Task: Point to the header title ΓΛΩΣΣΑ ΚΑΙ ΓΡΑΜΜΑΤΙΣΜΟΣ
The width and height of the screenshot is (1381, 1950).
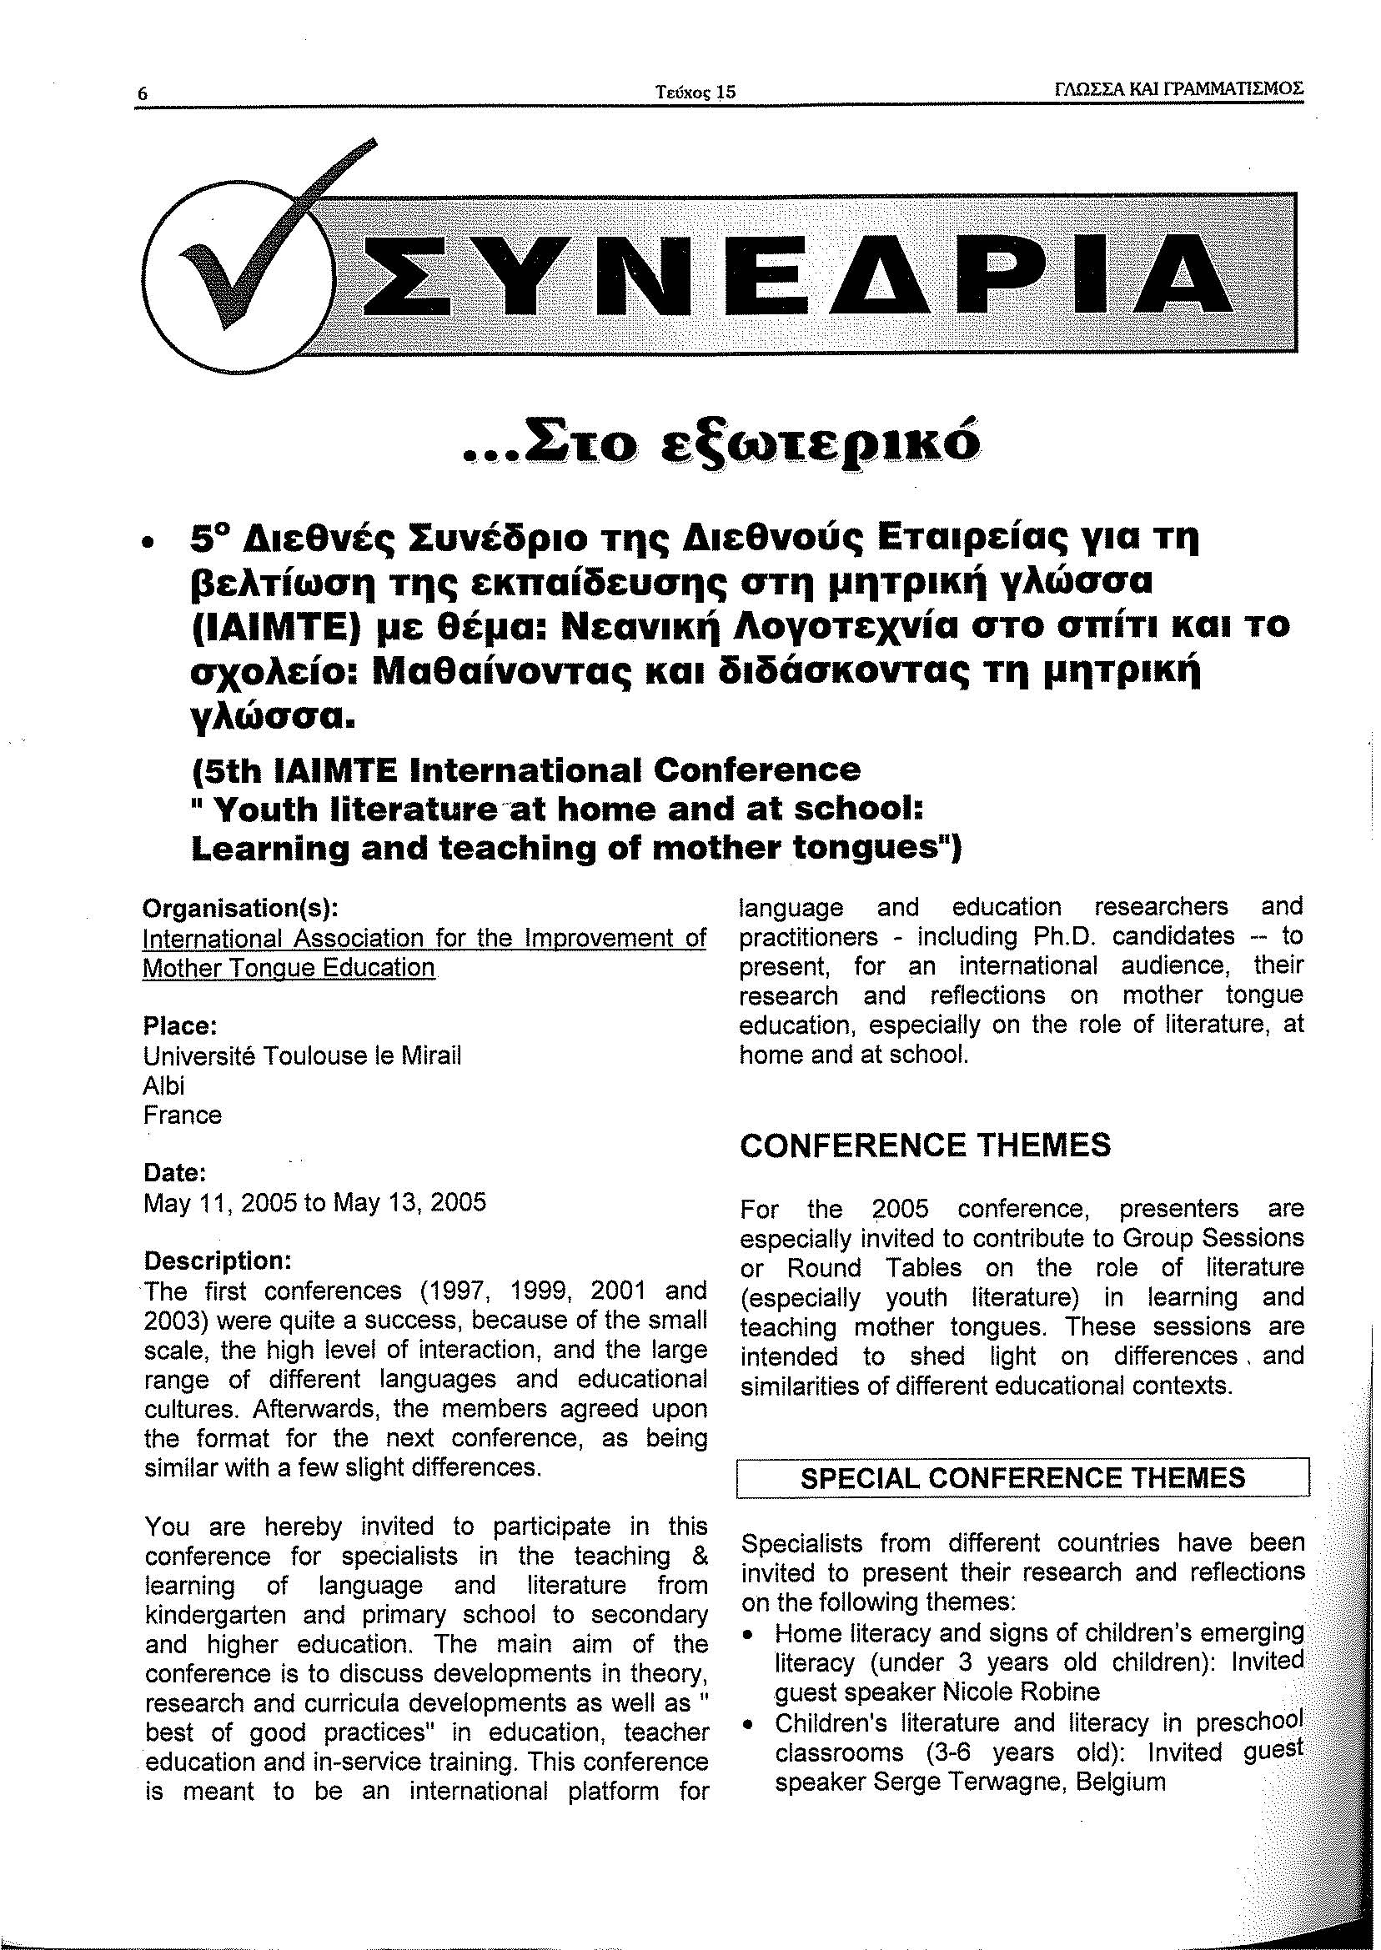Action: coord(1178,90)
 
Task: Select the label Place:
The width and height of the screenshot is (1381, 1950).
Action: coord(181,1026)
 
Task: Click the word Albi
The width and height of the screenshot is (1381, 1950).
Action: coord(164,1085)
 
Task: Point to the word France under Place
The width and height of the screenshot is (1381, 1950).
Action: coord(183,1115)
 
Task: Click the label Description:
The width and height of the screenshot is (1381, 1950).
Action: coord(218,1260)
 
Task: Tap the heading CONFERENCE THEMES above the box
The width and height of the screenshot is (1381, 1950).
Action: coord(924,1145)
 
